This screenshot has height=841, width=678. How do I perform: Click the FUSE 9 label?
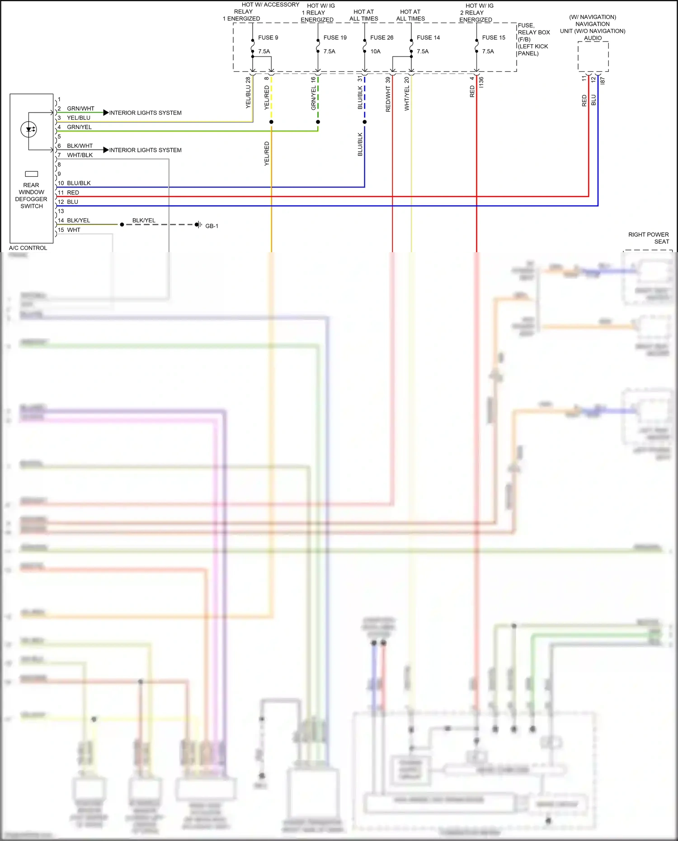click(x=268, y=38)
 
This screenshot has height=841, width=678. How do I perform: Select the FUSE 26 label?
click(x=381, y=38)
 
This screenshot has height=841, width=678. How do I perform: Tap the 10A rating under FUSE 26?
click(x=375, y=52)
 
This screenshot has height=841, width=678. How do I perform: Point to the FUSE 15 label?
click(x=494, y=38)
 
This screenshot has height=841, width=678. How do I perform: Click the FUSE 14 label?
click(x=428, y=38)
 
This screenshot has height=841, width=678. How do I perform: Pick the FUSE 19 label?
click(x=335, y=38)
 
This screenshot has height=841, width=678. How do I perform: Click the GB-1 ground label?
click(x=212, y=226)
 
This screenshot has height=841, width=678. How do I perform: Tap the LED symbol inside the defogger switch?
click(x=29, y=130)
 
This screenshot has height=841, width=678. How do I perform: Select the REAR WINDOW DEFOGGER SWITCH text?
click(x=31, y=196)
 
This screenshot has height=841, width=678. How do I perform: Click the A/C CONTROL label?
click(x=28, y=248)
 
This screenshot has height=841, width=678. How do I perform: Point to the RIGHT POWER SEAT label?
click(x=648, y=238)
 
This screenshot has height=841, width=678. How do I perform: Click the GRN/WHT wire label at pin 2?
click(x=80, y=108)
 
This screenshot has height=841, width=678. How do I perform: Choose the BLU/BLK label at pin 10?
click(x=79, y=183)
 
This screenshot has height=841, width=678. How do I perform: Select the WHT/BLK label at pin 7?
click(x=80, y=155)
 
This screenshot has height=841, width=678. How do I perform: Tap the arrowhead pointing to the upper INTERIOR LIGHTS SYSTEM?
click(x=106, y=113)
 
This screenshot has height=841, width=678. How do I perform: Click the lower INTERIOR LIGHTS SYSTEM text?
click(x=145, y=150)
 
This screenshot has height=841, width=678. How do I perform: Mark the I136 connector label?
click(x=481, y=82)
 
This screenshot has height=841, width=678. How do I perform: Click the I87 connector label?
click(x=603, y=80)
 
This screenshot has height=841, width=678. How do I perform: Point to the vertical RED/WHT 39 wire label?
click(x=388, y=94)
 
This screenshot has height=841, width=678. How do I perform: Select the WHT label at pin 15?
click(x=74, y=230)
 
